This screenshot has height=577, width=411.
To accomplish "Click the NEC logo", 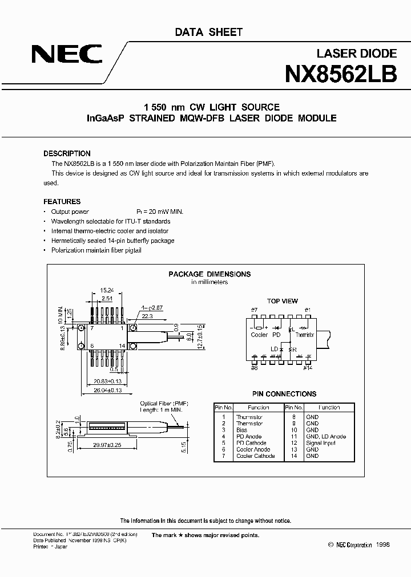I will pos(67,55).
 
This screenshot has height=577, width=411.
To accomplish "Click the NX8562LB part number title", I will pos(340,74).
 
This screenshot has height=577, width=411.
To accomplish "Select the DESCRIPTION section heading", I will pos(67,153).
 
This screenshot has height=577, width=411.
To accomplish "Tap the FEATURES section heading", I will pos(62,201).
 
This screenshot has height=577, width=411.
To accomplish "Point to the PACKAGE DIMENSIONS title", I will pos(209,274).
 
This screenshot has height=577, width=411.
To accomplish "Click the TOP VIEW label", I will pos(282,301).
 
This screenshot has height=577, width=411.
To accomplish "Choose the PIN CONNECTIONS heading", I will pos(284,394).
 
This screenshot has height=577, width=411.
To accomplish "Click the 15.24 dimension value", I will pos(107,290).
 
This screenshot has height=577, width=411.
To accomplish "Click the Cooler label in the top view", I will pos(259,335).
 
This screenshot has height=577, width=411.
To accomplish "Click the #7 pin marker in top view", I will pos(254,310).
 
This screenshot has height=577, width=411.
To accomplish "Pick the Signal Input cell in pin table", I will pos(320,443).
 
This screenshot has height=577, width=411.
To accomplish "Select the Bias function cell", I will pos(242,430).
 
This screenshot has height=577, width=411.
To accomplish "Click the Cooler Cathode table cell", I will pos(255,456).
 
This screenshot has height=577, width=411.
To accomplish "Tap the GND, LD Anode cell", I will pos(326,436).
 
